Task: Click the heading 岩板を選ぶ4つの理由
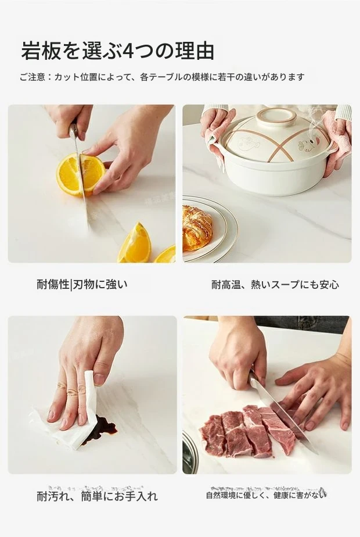[117, 51]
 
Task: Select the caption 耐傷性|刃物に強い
[82, 284]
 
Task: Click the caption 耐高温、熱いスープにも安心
[275, 285]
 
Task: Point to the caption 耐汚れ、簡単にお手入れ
[97, 496]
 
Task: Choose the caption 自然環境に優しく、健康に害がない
[265, 495]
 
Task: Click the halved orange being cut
[80, 174]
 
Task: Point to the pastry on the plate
[197, 228]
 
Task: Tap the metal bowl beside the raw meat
[190, 452]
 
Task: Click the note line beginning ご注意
[162, 77]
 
